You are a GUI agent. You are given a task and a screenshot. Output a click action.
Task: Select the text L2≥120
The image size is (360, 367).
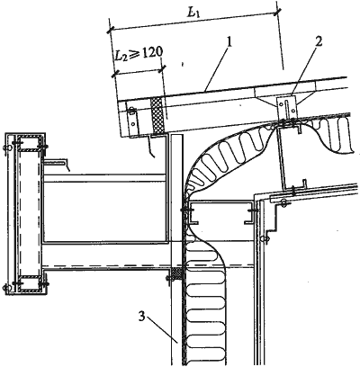click(x=139, y=54)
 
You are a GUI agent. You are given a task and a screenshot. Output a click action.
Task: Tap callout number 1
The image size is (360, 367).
click(x=229, y=43)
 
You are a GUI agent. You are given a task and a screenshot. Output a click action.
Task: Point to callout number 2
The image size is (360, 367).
click(x=319, y=41)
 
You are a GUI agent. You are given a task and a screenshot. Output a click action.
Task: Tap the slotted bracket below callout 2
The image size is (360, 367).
click(x=287, y=107)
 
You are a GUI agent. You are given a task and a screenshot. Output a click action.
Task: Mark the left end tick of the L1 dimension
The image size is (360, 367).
click(x=111, y=29)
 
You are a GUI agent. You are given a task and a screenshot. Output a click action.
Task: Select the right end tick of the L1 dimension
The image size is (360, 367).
click(x=277, y=12)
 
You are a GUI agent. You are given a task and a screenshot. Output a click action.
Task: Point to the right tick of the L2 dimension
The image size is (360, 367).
click(x=162, y=68)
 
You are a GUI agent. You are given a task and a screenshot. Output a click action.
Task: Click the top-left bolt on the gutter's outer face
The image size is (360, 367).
click(x=6, y=148)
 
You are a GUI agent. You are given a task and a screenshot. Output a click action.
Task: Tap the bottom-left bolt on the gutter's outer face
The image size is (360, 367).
click(x=6, y=288)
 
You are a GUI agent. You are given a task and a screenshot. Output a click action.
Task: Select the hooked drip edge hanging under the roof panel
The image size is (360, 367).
click(x=151, y=146)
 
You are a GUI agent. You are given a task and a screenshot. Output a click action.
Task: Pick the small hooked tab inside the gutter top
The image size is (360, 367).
click(x=57, y=165)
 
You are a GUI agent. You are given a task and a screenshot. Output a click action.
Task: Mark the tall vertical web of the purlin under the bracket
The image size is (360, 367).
click(x=282, y=157)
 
